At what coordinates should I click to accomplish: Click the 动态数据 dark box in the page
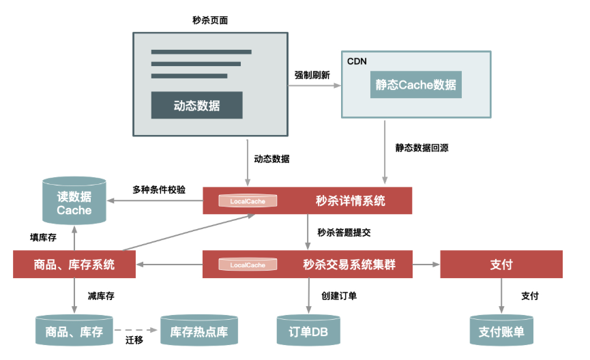coord(196,106)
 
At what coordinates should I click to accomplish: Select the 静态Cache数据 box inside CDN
coord(416,85)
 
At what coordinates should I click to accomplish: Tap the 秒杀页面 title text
coord(210,20)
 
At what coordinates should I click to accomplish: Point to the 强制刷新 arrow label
coord(312,76)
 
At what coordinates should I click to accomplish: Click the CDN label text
coord(357,61)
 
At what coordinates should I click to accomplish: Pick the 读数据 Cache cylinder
coord(74,202)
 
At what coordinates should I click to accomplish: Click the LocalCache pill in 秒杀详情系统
coord(248,201)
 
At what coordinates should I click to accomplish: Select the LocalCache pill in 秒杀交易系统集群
coord(248,265)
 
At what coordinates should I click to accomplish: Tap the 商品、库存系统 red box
coord(74,265)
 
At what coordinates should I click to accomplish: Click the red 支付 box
coord(501,265)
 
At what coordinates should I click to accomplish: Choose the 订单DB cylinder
coord(308,331)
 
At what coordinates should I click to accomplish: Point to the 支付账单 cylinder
coord(501,331)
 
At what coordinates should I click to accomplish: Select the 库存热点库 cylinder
coord(198,331)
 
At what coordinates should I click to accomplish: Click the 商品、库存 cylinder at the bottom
coord(74,331)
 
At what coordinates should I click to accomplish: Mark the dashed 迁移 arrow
coord(136,330)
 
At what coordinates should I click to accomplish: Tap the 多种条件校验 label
coord(158,190)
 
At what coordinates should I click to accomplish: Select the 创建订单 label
coord(339,296)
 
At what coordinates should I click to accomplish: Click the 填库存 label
coord(43,237)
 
